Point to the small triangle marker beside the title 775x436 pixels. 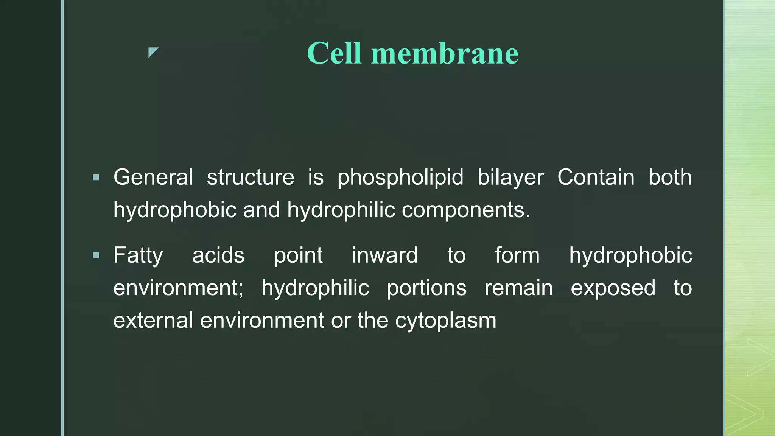pyautogui.click(x=153, y=52)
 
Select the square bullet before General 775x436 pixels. pyautogui.click(x=96, y=177)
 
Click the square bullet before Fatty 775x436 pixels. pyautogui.click(x=96, y=255)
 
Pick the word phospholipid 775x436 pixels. pyautogui.click(x=400, y=177)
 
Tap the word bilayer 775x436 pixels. pyautogui.click(x=510, y=177)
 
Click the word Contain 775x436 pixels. pyautogui.click(x=596, y=177)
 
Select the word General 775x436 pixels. pyautogui.click(x=153, y=177)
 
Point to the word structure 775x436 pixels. pyautogui.click(x=250, y=177)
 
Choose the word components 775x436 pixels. pyautogui.click(x=466, y=210)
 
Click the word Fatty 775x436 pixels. pyautogui.click(x=138, y=255)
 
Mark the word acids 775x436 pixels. pyautogui.click(x=218, y=255)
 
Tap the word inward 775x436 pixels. pyautogui.click(x=384, y=255)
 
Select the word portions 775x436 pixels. pyautogui.click(x=426, y=288)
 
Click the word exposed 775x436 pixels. pyautogui.click(x=613, y=288)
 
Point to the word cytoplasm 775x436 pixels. pyautogui.click(x=445, y=321)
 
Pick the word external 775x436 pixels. pyautogui.click(x=153, y=321)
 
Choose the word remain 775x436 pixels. pyautogui.click(x=518, y=288)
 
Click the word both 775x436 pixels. pyautogui.click(x=670, y=177)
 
